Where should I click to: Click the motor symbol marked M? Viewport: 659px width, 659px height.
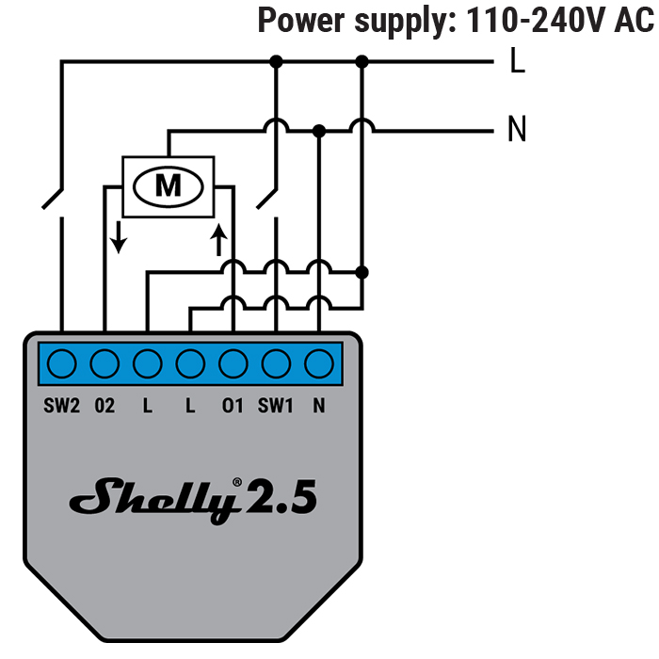tap(168, 185)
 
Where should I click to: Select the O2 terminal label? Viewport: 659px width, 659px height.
tap(104, 406)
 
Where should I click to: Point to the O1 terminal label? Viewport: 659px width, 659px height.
tap(233, 406)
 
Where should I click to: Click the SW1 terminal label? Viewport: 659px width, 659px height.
tap(276, 406)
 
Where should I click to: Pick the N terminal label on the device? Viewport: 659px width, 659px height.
tap(319, 406)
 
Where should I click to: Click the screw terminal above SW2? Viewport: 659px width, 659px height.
tap(62, 362)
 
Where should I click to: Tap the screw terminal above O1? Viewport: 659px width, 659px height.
tap(233, 362)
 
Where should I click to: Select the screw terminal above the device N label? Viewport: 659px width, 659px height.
tap(319, 362)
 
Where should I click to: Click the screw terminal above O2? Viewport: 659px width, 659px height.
tap(104, 362)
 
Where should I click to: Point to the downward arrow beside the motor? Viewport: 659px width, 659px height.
tap(118, 239)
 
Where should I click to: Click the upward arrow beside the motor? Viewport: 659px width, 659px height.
tap(219, 239)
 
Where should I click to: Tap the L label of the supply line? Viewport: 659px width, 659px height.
tap(517, 62)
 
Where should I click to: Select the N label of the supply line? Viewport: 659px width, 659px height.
tap(517, 130)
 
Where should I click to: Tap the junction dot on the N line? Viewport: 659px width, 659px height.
tap(319, 130)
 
